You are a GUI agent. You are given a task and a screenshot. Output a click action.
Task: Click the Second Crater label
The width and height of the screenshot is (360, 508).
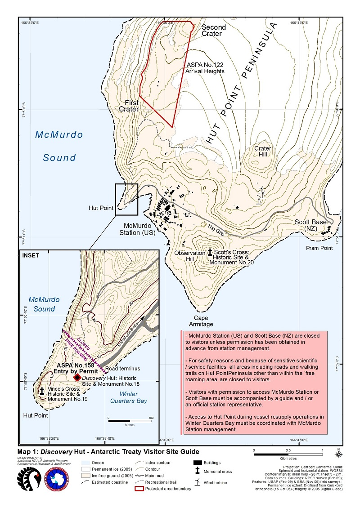[x=214, y=30]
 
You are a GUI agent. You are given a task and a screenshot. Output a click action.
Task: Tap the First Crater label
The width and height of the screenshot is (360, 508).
[x=129, y=106]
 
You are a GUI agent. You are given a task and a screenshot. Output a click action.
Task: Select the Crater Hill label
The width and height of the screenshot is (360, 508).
[x=262, y=151]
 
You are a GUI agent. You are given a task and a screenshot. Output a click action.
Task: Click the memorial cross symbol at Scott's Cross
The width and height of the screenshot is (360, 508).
[x=210, y=253]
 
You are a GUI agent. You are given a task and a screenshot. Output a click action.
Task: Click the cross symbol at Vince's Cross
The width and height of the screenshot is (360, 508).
[x=42, y=391]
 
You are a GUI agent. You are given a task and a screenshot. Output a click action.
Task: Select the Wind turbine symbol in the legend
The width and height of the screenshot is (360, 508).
[x=197, y=482]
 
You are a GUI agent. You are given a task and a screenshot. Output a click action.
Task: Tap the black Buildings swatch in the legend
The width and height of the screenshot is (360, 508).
[x=197, y=462]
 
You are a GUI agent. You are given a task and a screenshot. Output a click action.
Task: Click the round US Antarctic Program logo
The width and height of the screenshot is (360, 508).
[x=57, y=479]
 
